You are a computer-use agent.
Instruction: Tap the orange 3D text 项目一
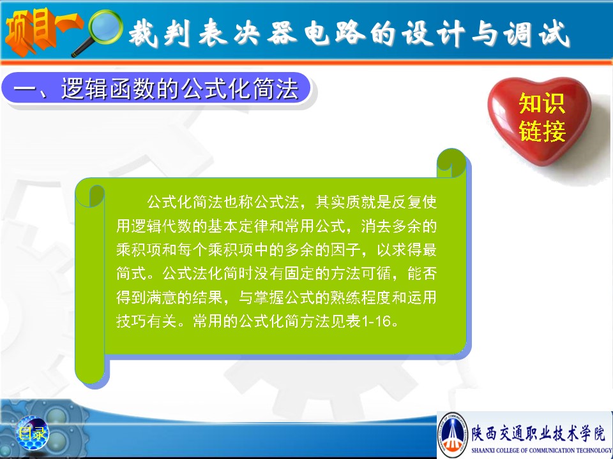pyautogui.click(x=43, y=31)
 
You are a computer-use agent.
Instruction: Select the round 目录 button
pyautogui.click(x=33, y=432)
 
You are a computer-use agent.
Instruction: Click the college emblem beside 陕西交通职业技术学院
pyautogui.click(x=453, y=435)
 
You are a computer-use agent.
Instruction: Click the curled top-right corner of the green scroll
pyautogui.click(x=452, y=163)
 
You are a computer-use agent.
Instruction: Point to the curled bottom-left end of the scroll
pyautogui.click(x=90, y=369)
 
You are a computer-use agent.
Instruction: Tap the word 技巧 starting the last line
pyautogui.click(x=132, y=321)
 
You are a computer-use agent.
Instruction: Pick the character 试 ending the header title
pyautogui.click(x=554, y=34)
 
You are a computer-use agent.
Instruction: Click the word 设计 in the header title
pyautogui.click(x=433, y=34)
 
